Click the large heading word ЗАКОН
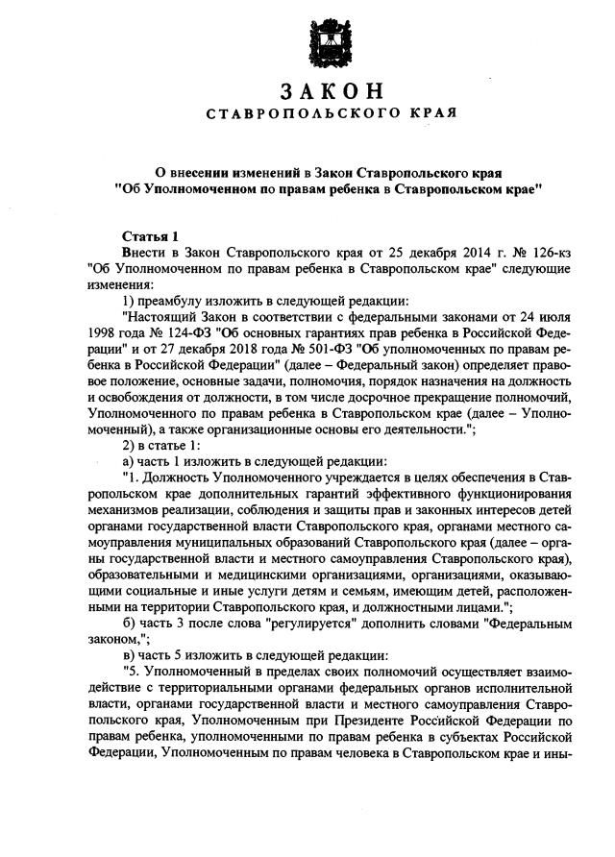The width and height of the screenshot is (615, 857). click(x=332, y=93)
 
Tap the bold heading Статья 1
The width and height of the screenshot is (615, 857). click(x=151, y=236)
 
